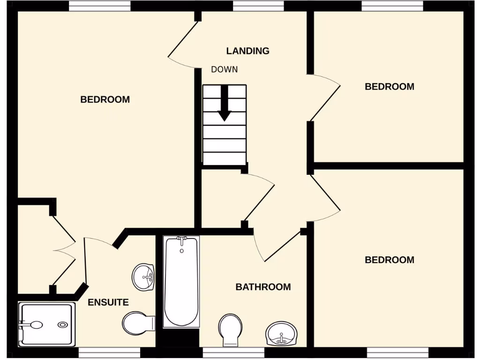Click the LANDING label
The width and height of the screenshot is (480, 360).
247,51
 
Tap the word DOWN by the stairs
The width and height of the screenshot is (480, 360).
224,69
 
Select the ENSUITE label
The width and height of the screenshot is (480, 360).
108,302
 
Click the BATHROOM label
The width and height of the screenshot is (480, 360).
263,287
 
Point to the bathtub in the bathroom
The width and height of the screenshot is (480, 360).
181,281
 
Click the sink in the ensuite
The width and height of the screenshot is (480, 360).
143,277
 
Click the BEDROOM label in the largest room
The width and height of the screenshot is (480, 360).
105,99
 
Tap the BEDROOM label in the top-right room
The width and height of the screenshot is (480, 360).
389,87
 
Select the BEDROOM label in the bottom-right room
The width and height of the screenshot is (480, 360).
389,260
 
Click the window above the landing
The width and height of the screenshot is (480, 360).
258,6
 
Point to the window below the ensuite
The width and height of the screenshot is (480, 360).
109,352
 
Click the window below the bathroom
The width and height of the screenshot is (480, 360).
233,352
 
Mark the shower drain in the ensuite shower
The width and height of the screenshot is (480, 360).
62,324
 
